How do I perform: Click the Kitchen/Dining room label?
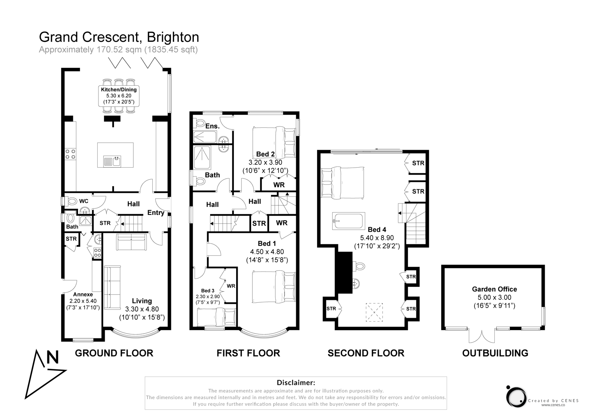[119, 90]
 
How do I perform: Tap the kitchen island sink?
[113, 161]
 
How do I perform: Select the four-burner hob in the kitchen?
[71, 154]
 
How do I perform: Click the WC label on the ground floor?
[84, 201]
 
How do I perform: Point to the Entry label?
[156, 213]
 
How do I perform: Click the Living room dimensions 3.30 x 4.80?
[142, 309]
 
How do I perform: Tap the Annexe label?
[83, 294]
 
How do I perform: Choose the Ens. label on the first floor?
[212, 126]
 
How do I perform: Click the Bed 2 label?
[266, 154]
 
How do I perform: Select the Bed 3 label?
[208, 291]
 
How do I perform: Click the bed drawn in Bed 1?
[273, 287]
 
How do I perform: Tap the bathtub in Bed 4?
[349, 221]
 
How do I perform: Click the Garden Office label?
[494, 289]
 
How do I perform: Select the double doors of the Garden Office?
[482, 336]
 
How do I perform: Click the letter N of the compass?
[52, 357]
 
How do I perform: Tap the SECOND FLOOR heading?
[366, 353]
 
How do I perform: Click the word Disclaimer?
[296, 383]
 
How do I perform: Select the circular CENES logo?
[516, 396]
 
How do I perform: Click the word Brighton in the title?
[173, 37]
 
